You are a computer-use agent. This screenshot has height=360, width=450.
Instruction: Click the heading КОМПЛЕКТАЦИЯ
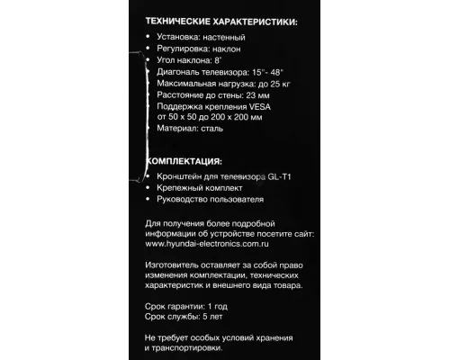(x=186, y=162)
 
